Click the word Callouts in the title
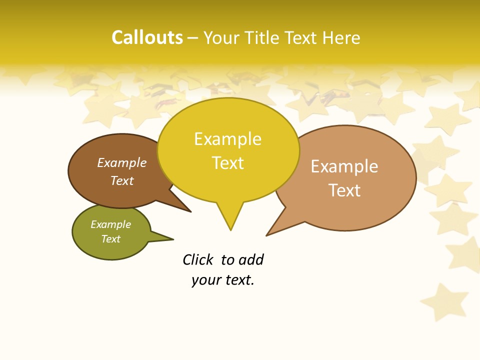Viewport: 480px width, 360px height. (x=147, y=37)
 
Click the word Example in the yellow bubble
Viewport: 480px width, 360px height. (x=227, y=139)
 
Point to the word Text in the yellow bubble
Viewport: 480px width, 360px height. (x=227, y=163)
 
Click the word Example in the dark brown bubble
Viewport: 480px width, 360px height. (x=122, y=163)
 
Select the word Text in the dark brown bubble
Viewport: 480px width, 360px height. (x=122, y=180)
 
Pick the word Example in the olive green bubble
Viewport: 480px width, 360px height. (x=110, y=224)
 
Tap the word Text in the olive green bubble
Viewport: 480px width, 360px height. (x=110, y=239)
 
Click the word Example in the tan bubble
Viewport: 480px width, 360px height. (x=344, y=166)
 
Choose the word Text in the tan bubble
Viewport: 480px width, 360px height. (x=344, y=190)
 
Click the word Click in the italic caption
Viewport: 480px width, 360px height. (x=198, y=260)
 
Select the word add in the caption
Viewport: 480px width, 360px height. (x=251, y=260)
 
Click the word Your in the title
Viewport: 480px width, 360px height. (x=219, y=38)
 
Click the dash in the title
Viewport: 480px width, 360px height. (x=193, y=38)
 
